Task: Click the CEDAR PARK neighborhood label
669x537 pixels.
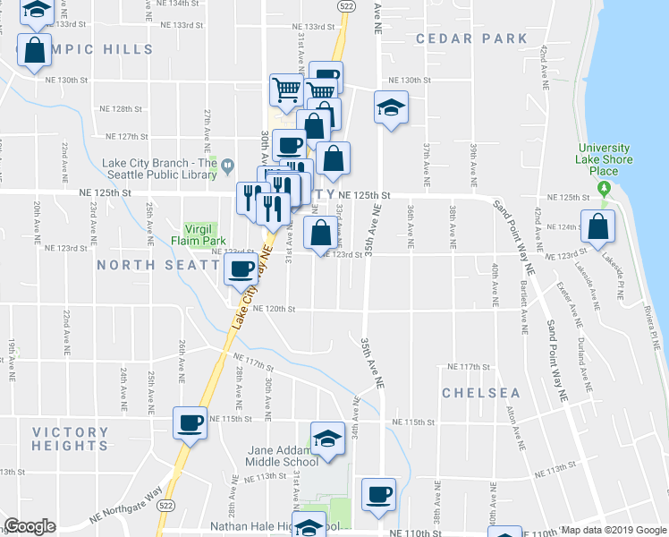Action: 471,38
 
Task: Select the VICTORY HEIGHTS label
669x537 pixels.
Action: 70,439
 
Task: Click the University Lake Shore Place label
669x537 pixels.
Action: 605,159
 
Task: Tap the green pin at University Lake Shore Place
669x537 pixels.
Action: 605,188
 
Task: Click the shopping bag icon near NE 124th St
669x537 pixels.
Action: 597,227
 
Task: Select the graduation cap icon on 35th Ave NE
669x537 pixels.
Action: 391,108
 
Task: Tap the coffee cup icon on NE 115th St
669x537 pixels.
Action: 190,422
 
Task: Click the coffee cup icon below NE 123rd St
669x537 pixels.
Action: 240,269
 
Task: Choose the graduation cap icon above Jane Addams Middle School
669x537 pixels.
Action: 328,439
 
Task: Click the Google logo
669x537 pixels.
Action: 30,526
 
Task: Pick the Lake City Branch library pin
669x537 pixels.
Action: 228,164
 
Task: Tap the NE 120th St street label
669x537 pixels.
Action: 274,309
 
